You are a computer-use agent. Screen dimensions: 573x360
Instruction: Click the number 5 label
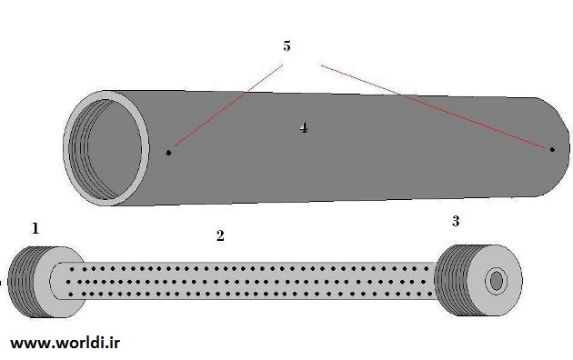(286, 46)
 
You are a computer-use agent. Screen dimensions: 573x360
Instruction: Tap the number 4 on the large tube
(304, 128)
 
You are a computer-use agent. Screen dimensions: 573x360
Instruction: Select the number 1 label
(35, 228)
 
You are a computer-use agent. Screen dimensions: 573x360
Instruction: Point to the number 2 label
(220, 235)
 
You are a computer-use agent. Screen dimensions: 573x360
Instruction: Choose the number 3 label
(456, 221)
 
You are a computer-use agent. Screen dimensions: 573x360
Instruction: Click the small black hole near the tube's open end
(168, 153)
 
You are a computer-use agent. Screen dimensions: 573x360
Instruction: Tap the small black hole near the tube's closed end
(552, 149)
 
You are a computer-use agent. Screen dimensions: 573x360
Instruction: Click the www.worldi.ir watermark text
(65, 344)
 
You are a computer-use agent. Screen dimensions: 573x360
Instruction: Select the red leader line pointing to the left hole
(228, 105)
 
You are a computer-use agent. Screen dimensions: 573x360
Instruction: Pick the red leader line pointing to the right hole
(435, 107)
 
